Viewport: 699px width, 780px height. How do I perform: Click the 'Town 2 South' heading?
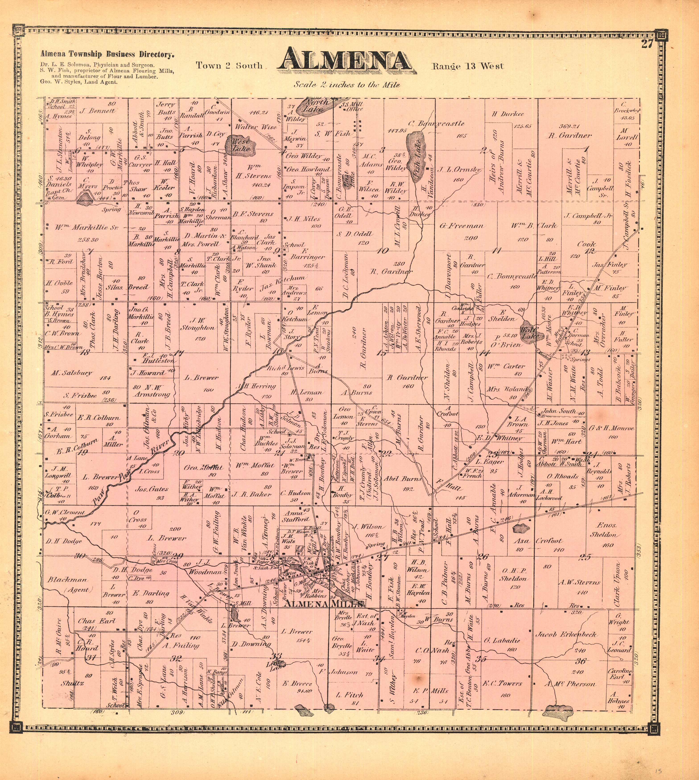coord(229,66)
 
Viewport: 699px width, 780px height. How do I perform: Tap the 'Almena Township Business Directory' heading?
coord(107,55)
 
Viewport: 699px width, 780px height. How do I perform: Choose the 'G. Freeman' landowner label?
coord(461,226)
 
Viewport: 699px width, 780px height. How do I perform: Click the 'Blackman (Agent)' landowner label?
coord(68,585)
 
